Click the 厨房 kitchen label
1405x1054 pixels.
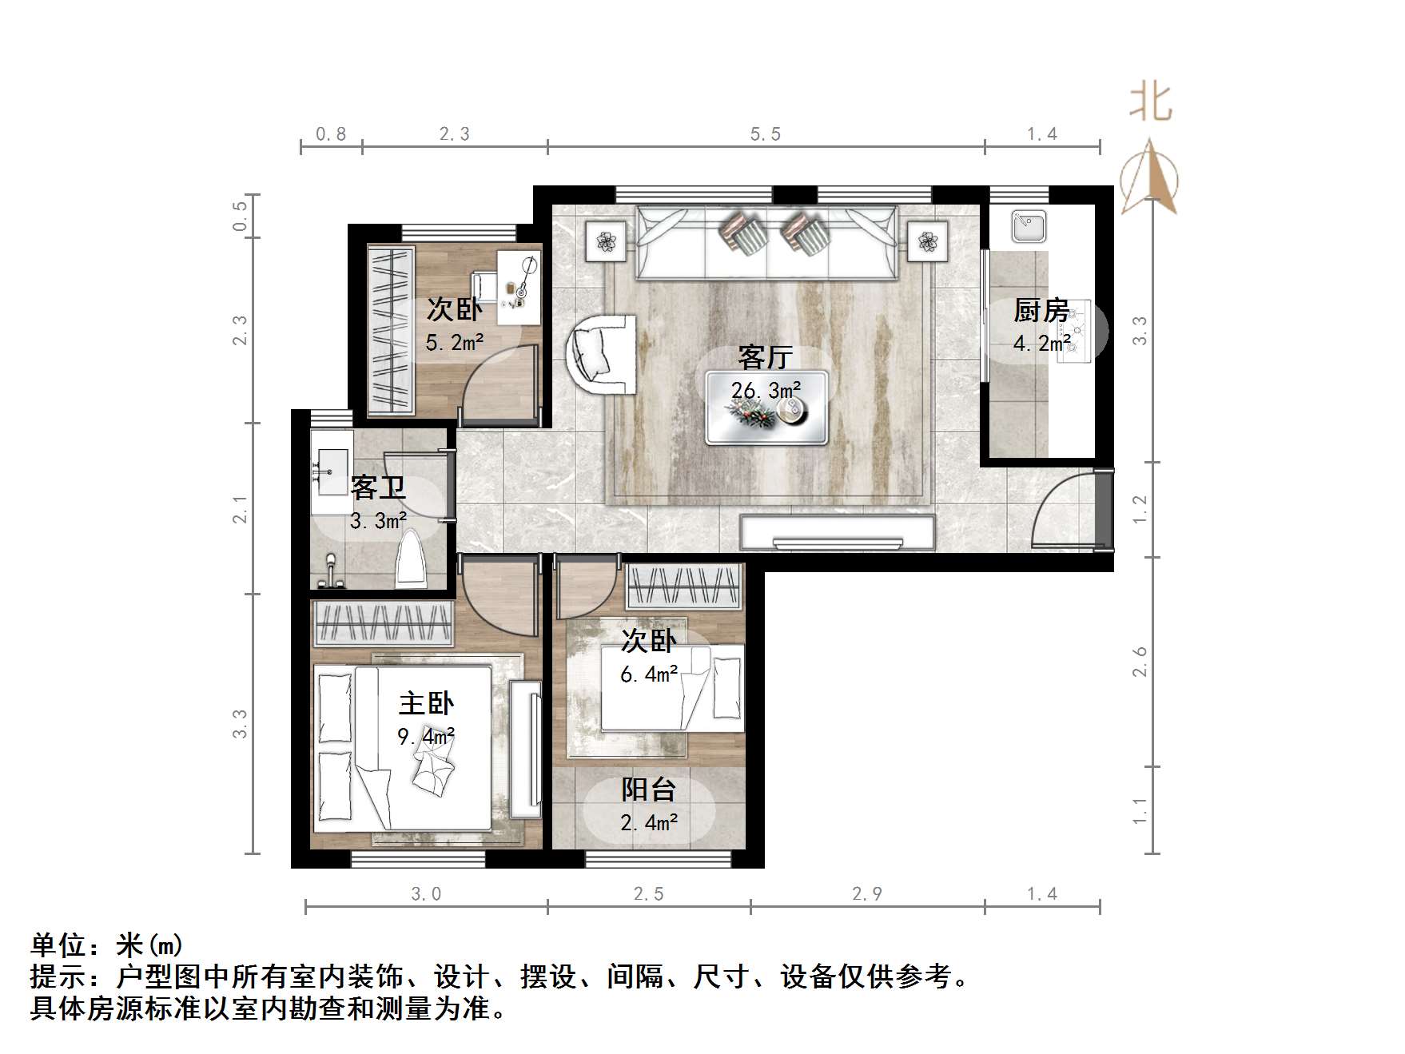[1041, 310]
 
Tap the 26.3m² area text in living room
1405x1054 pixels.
[766, 391]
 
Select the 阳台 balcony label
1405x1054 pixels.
[648, 790]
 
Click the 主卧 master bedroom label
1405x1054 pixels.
[425, 703]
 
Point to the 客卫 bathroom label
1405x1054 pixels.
[377, 487]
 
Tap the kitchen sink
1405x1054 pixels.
[1028, 225]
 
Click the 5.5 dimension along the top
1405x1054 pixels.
[765, 134]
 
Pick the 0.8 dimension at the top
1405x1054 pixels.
[331, 134]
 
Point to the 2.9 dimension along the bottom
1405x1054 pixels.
[867, 893]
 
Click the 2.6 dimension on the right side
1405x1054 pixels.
[1140, 662]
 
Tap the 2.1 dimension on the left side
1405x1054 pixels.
[241, 509]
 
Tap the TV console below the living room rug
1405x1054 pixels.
[837, 533]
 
